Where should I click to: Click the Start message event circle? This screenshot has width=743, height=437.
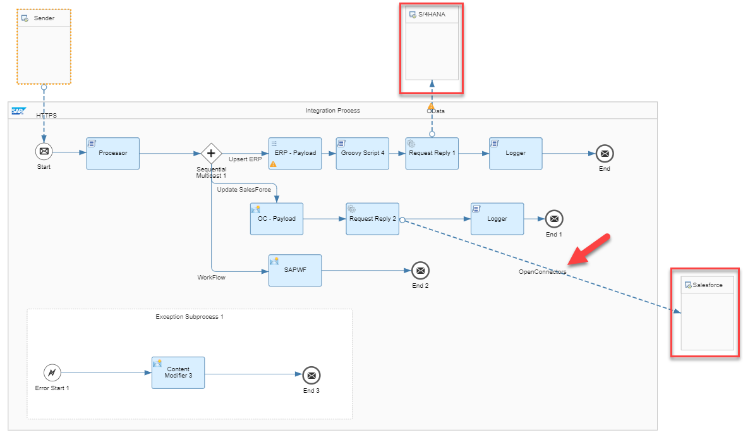click(x=44, y=152)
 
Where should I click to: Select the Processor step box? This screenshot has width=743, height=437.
click(x=113, y=153)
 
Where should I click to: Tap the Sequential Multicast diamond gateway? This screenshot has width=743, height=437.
click(x=211, y=153)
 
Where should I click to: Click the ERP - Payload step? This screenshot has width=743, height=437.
click(x=294, y=153)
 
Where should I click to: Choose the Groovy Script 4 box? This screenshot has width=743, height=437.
click(x=362, y=153)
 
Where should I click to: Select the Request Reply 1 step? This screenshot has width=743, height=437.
click(x=432, y=153)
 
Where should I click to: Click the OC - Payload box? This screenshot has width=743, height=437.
click(x=276, y=219)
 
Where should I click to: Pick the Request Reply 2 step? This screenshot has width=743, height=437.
click(x=372, y=219)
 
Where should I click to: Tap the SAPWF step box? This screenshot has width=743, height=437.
click(x=294, y=270)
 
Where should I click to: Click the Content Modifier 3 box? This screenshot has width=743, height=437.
click(x=178, y=372)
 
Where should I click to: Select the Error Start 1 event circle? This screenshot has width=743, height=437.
click(x=52, y=372)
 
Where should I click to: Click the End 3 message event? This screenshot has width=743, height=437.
click(x=311, y=375)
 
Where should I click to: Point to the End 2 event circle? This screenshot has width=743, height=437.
click(x=420, y=271)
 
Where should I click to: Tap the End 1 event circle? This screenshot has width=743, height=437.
click(x=553, y=219)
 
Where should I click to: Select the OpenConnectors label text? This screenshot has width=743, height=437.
click(x=542, y=272)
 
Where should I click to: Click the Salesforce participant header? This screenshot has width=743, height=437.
click(x=707, y=285)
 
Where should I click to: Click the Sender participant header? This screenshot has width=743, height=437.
click(x=44, y=18)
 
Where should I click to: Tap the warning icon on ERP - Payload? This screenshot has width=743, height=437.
click(x=274, y=164)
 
